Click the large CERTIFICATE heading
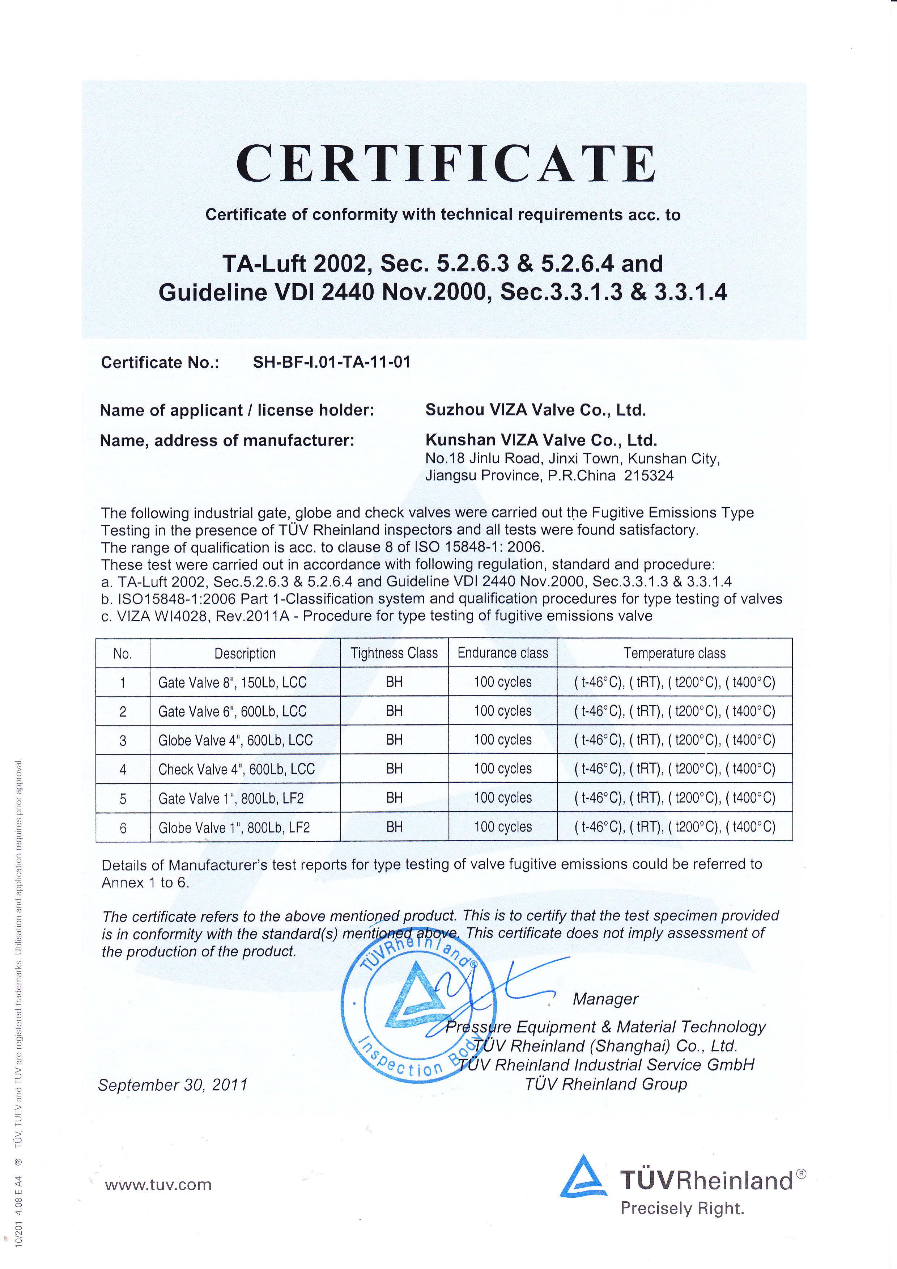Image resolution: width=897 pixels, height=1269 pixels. click(x=446, y=164)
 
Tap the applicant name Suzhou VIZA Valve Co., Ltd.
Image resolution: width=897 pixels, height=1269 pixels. click(x=535, y=410)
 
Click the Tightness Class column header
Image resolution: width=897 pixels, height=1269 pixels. click(x=394, y=653)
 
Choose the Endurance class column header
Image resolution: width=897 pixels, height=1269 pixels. click(x=503, y=653)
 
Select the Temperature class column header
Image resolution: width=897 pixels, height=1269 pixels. click(x=675, y=653)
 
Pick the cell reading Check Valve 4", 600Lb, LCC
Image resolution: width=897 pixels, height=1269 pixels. click(x=237, y=769)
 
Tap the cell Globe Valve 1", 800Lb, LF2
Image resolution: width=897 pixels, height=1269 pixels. click(x=234, y=828)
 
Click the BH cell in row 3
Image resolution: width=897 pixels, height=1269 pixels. click(x=394, y=740)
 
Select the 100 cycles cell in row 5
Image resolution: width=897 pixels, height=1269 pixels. click(x=503, y=798)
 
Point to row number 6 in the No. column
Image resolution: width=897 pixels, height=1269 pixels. click(x=123, y=828)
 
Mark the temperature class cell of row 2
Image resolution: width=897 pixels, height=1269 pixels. click(x=675, y=711)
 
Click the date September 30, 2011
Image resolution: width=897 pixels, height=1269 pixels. click(x=173, y=1085)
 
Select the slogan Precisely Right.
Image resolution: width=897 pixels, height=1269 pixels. click(x=682, y=1208)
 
